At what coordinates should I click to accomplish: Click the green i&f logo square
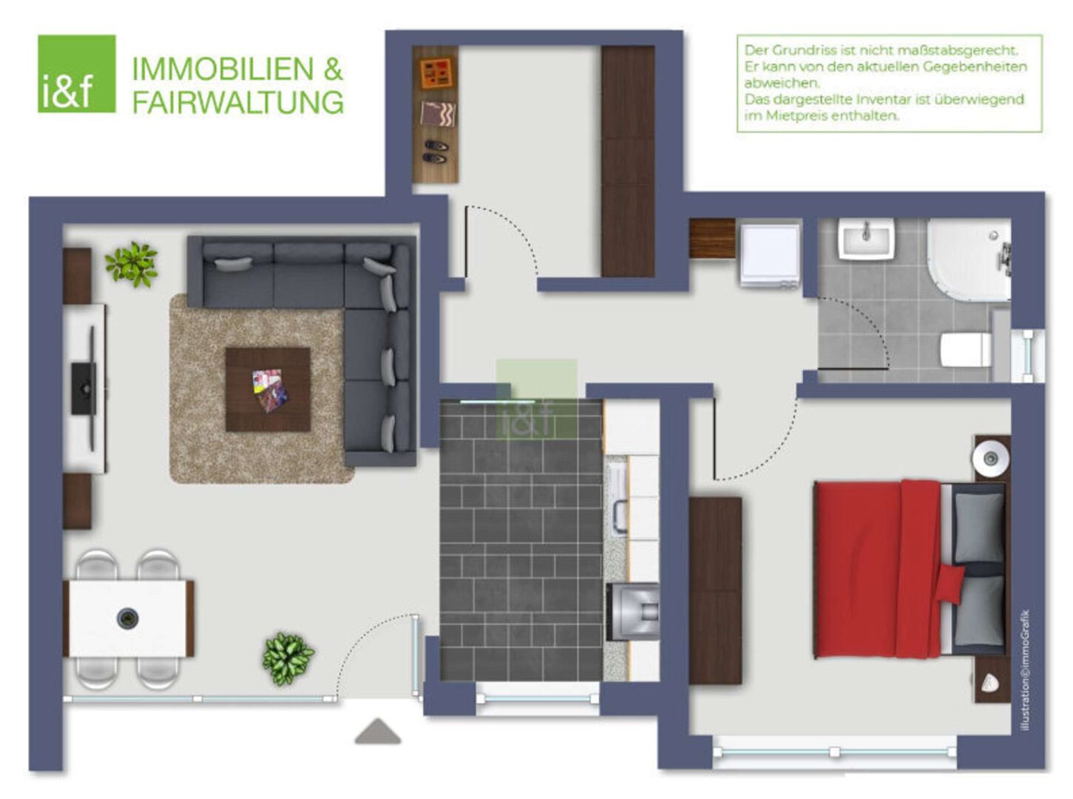tap(77, 73)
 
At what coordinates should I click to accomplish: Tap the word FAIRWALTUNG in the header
tap(238, 102)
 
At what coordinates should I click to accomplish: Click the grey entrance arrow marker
tap(378, 731)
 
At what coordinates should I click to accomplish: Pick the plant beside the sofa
tap(132, 264)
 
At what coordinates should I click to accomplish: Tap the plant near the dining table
tap(288, 658)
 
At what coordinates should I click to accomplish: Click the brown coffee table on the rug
tap(268, 390)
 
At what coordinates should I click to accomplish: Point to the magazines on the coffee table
tap(269, 390)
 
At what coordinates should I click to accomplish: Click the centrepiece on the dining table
tap(128, 618)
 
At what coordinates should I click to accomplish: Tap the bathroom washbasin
tap(866, 237)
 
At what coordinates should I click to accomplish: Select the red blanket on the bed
tap(878, 569)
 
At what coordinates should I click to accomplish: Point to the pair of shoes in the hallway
tap(435, 151)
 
